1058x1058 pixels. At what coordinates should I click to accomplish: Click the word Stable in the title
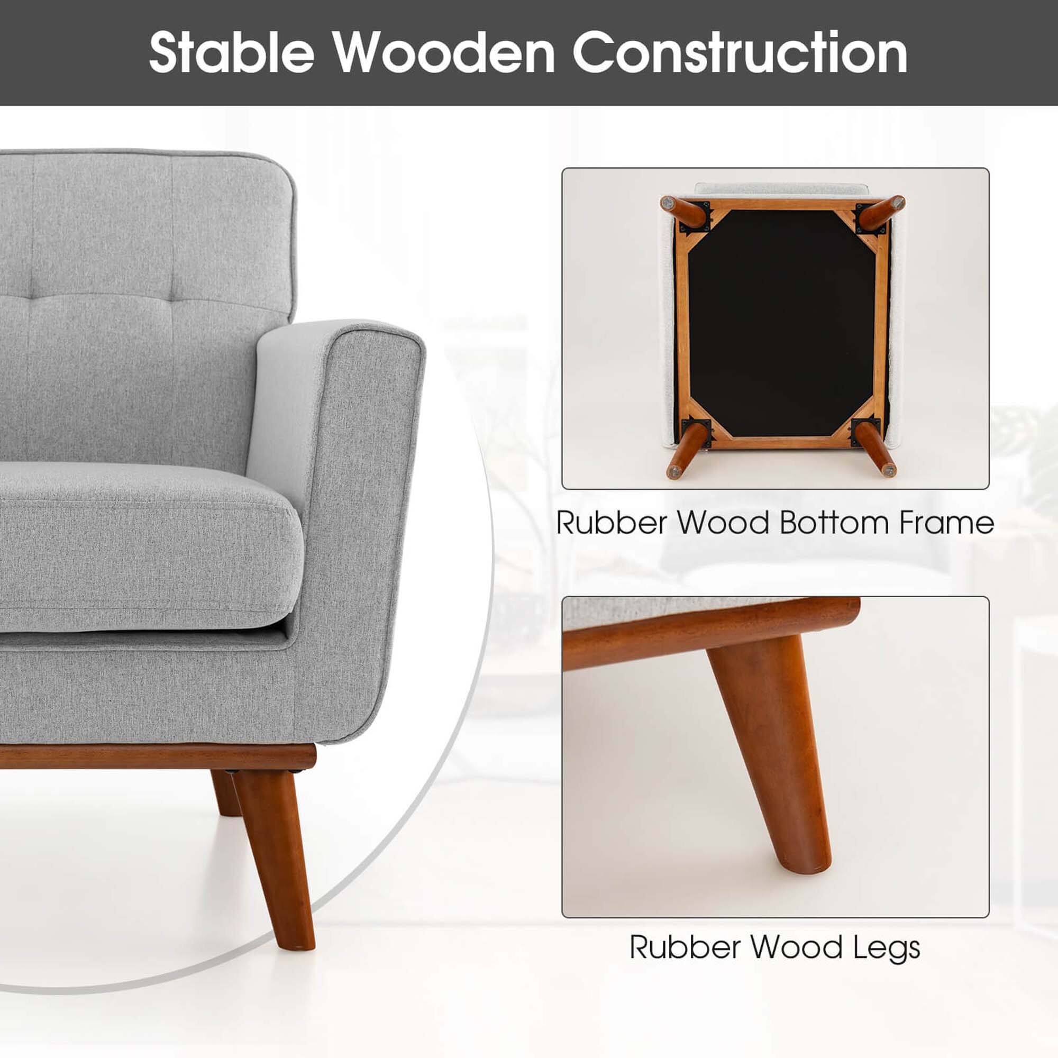click(231, 52)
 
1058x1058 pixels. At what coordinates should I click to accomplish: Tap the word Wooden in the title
click(445, 52)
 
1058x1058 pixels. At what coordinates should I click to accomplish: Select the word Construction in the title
click(740, 52)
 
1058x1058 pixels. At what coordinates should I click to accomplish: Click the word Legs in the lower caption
click(887, 948)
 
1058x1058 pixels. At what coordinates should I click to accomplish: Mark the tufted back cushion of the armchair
click(137, 307)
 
